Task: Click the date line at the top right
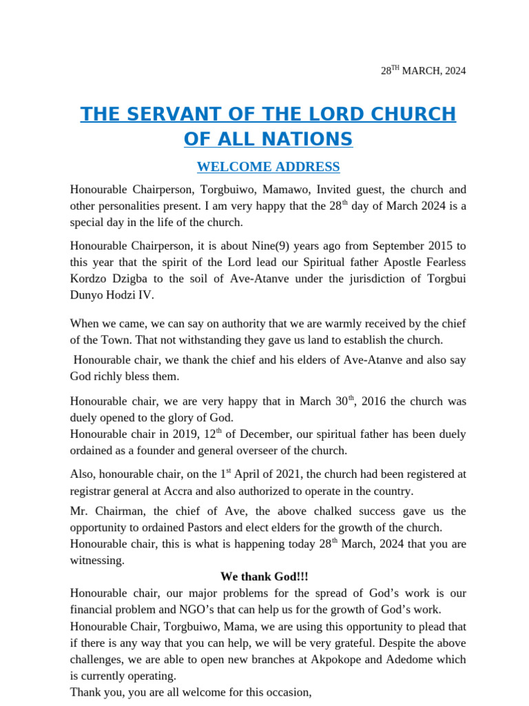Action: pos(423,71)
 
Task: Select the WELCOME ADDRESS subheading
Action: pos(268,167)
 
